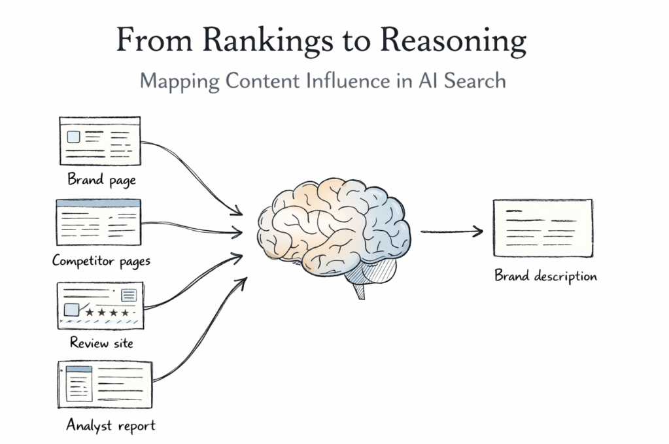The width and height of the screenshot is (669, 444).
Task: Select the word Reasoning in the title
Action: (x=454, y=41)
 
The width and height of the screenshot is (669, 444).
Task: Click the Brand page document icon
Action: (x=100, y=141)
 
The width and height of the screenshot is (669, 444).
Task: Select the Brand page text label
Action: (x=101, y=179)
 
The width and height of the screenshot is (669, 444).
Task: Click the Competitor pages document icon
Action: (x=98, y=222)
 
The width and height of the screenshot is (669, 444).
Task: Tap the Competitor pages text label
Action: (x=101, y=261)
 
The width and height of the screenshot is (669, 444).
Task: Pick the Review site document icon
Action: (x=99, y=305)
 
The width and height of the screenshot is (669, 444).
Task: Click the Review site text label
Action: (x=101, y=342)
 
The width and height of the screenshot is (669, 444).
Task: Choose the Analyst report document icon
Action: (x=105, y=382)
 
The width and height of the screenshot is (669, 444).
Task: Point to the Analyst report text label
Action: (x=111, y=425)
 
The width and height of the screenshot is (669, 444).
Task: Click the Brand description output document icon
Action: (x=542, y=228)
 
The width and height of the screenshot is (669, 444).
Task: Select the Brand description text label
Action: (x=545, y=276)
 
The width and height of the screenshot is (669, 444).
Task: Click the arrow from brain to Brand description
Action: (x=451, y=231)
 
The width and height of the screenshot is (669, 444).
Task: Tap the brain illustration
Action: (x=334, y=226)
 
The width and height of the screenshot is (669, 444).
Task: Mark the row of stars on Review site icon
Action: (x=108, y=313)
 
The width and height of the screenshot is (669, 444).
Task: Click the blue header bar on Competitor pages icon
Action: (x=98, y=203)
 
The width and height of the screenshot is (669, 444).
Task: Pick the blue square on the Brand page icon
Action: (x=73, y=137)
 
